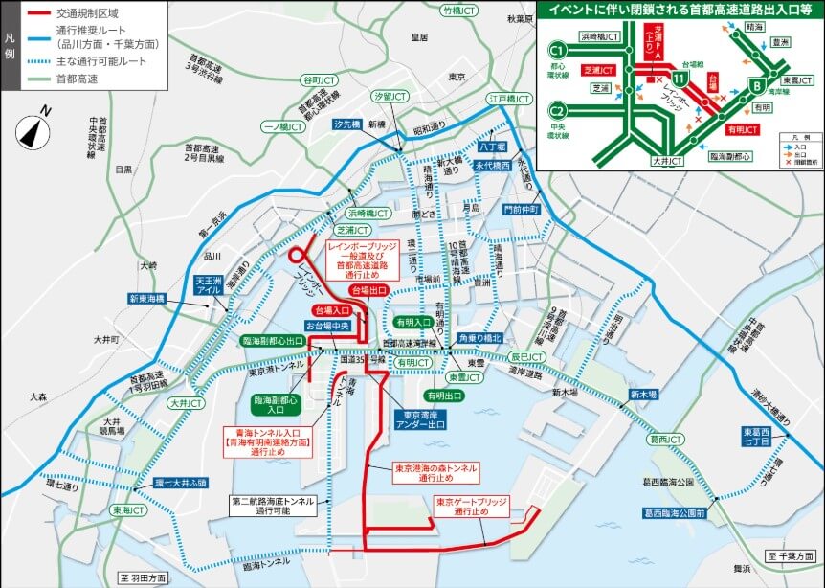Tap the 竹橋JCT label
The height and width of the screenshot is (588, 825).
457,11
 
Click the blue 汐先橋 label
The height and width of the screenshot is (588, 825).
347,124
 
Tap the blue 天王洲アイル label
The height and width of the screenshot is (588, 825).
209,283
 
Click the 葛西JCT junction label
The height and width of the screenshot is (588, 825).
665,440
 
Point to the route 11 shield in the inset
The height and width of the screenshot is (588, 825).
678,74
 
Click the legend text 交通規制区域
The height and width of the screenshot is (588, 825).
87,14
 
